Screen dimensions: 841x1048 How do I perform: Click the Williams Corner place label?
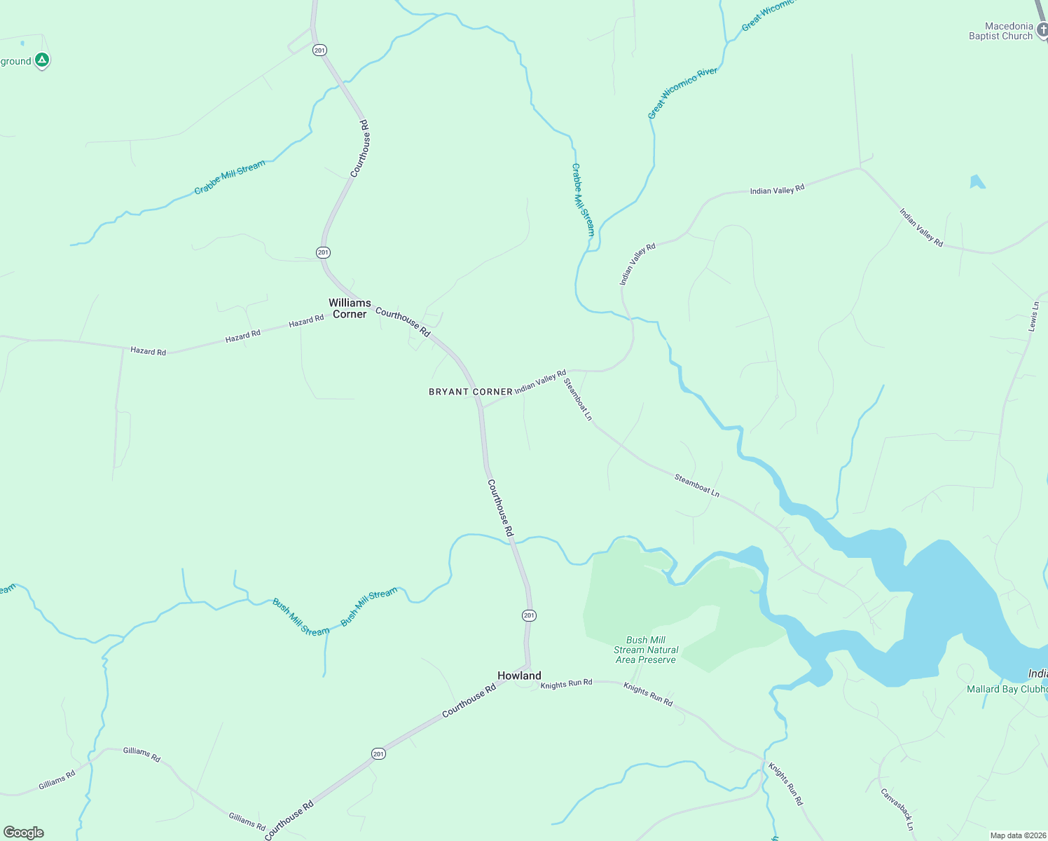click(x=350, y=308)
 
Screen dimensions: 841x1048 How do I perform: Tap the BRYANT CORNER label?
click(x=470, y=392)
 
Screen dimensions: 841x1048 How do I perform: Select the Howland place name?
click(x=519, y=676)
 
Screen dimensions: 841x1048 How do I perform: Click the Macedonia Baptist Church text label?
click(x=1000, y=32)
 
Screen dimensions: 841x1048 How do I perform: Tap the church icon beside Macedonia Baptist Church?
click(x=1041, y=30)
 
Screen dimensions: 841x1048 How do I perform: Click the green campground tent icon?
click(x=42, y=61)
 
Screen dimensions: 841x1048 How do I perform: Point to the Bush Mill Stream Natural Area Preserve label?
click(x=645, y=650)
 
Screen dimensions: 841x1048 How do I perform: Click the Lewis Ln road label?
click(x=1034, y=316)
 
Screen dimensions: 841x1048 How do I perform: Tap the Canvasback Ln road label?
click(x=897, y=809)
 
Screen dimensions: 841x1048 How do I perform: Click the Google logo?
click(x=24, y=833)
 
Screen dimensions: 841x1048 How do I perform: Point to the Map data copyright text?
click(x=1017, y=835)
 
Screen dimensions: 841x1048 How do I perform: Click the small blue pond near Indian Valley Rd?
click(x=977, y=182)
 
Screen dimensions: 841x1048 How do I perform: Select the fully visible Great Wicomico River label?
click(x=682, y=93)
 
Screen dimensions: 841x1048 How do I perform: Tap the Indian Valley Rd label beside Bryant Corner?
click(x=540, y=383)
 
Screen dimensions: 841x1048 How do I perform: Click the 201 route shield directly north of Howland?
click(x=529, y=615)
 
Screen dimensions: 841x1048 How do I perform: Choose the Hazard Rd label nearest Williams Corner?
click(x=306, y=321)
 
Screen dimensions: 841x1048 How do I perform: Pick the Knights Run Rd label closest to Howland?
click(x=566, y=683)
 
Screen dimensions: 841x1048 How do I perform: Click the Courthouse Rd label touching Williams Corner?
click(x=403, y=321)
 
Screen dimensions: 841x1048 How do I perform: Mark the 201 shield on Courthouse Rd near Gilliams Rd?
click(x=378, y=754)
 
